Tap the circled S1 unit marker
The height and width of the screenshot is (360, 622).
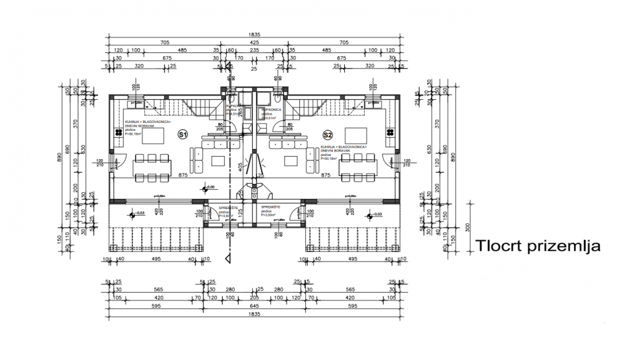183,135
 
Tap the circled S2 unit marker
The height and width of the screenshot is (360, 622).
328,135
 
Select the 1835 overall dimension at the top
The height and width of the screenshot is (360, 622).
254,34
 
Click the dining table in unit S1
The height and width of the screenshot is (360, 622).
150,167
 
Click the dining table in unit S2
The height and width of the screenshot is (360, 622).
357,167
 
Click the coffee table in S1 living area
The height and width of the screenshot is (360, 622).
218,160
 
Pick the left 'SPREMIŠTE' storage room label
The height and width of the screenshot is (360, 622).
227,207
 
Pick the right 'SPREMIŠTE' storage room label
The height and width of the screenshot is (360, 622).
270,207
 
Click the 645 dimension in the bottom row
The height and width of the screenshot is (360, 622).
254,306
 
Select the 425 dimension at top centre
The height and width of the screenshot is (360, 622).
254,42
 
